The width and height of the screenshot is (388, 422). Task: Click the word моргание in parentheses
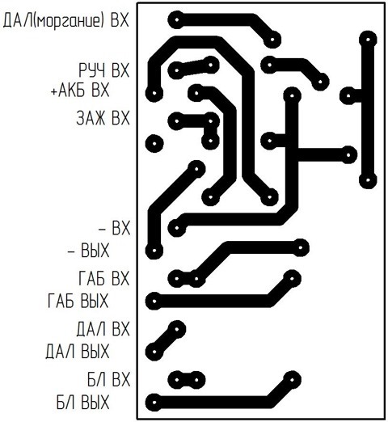[68, 21]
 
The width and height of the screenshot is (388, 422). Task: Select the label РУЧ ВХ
[104, 70]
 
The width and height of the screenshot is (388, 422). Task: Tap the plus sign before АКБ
[54, 91]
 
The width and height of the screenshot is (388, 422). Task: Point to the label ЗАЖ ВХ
[103, 118]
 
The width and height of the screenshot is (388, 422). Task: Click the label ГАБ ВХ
[104, 278]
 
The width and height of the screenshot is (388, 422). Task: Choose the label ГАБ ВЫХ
[78, 301]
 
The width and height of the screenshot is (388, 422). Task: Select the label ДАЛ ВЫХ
[78, 352]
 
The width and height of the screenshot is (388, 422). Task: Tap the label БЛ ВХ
[108, 379]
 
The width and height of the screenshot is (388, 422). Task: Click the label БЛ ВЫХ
[83, 403]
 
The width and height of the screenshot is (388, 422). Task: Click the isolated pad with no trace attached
[154, 143]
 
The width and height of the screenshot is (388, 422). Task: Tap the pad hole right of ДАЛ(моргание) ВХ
[177, 19]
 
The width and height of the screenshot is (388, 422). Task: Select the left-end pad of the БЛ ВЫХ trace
[154, 403]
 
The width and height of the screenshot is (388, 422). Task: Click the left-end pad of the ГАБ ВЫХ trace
[154, 302]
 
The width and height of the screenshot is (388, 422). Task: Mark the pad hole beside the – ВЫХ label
[154, 251]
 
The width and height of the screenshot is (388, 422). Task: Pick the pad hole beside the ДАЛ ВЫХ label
[154, 352]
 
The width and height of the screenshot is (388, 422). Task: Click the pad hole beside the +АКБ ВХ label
[154, 93]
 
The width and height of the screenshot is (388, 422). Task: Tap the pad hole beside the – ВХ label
[177, 228]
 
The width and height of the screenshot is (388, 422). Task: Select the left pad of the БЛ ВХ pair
[177, 380]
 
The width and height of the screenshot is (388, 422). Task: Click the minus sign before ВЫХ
[71, 251]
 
